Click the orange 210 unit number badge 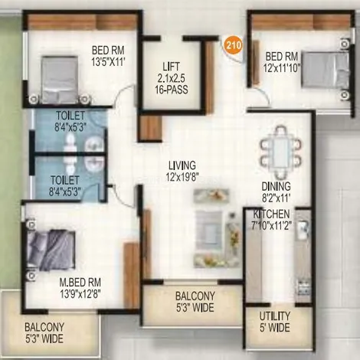tap(234, 45)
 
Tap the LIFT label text tap(171, 67)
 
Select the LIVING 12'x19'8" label tap(182, 171)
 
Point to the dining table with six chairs tap(280, 152)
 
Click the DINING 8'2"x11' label tap(276, 192)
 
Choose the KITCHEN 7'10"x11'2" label tap(271, 220)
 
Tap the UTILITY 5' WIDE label tap(275, 322)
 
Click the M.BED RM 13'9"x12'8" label tap(80, 288)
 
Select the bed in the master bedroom tap(51, 250)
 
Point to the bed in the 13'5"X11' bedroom tap(60, 80)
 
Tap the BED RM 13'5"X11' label tap(108, 56)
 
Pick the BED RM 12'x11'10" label tap(282, 62)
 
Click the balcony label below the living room tap(195, 302)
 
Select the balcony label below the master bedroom tap(44, 332)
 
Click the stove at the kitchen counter tap(303, 287)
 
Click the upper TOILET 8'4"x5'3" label tap(70, 121)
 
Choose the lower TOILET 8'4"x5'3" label tap(65, 185)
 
